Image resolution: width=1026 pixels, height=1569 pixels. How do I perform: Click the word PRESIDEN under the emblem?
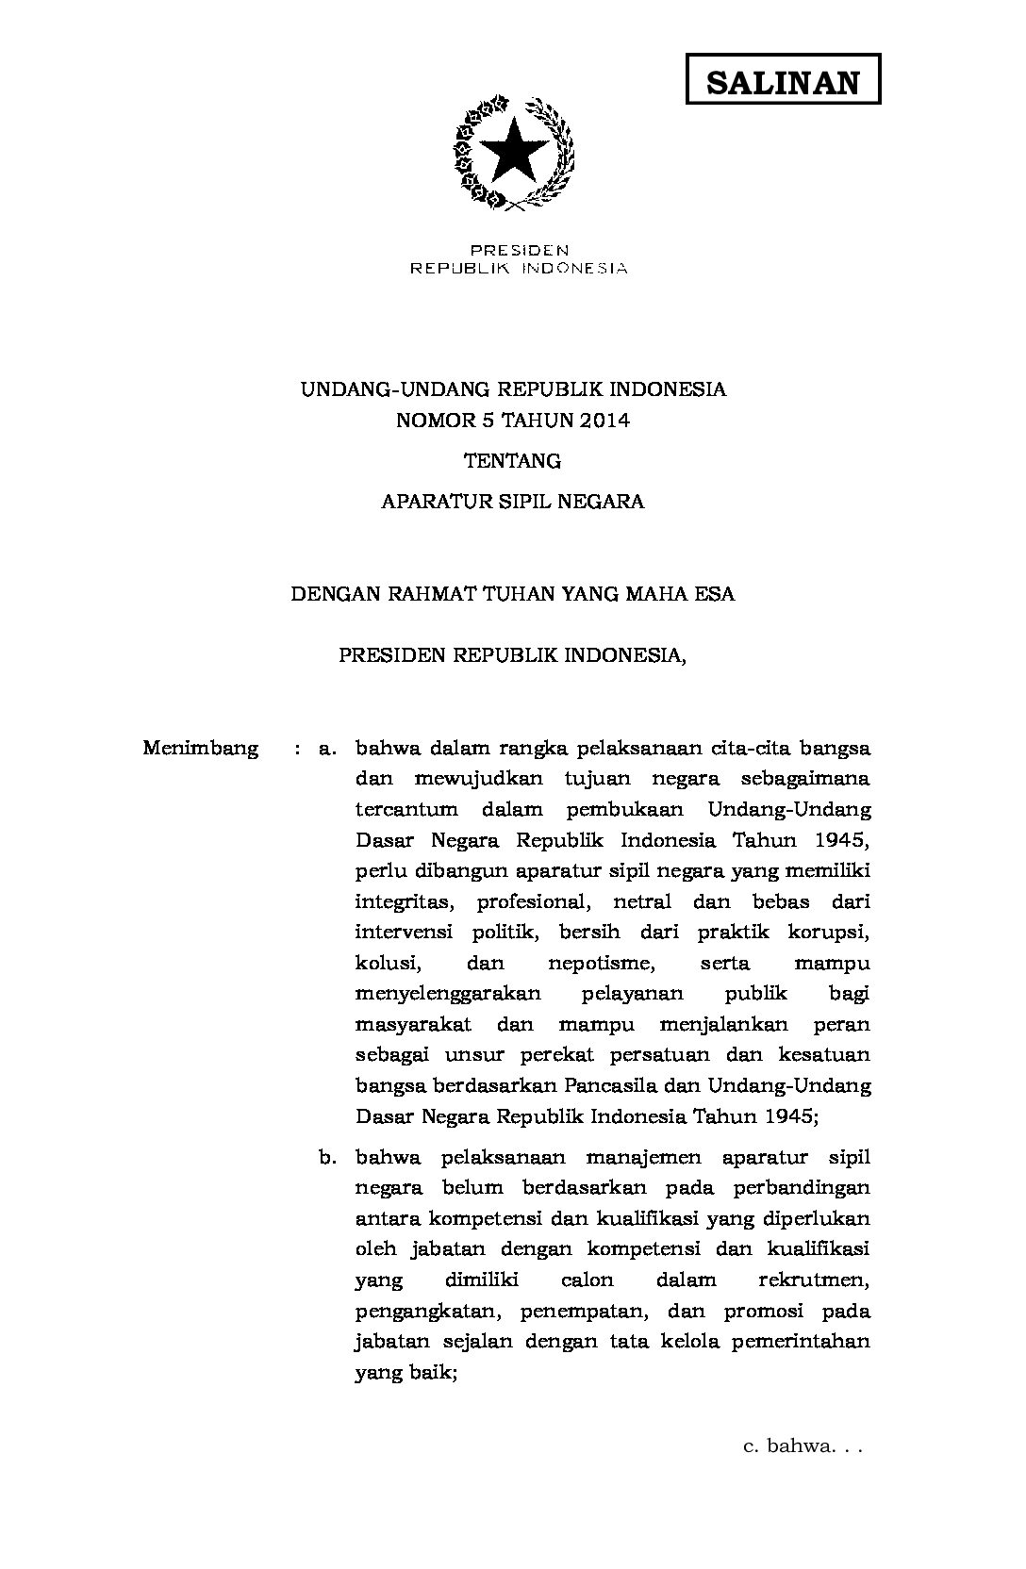pyautogui.click(x=520, y=251)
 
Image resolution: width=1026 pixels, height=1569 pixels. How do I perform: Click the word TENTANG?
pyautogui.click(x=513, y=461)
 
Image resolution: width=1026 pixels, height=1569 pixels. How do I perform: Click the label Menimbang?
pyautogui.click(x=201, y=749)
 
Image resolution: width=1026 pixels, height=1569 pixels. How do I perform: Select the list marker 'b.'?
pyautogui.click(x=328, y=1157)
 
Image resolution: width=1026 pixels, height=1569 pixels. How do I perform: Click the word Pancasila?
pyautogui.click(x=613, y=1085)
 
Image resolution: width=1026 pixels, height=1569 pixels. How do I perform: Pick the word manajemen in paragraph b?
pyautogui.click(x=637, y=1157)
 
